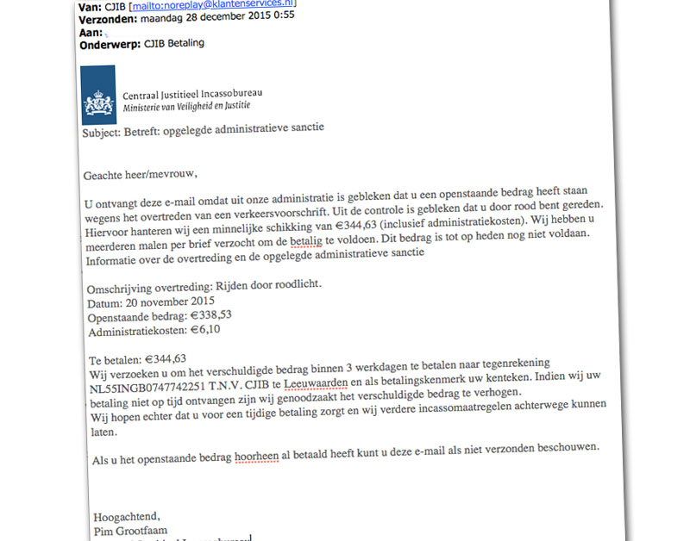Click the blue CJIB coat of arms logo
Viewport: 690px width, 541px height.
pyautogui.click(x=98, y=96)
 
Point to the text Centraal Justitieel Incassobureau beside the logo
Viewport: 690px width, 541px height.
pyautogui.click(x=193, y=93)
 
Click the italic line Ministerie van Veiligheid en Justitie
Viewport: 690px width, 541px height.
pyautogui.click(x=186, y=106)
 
